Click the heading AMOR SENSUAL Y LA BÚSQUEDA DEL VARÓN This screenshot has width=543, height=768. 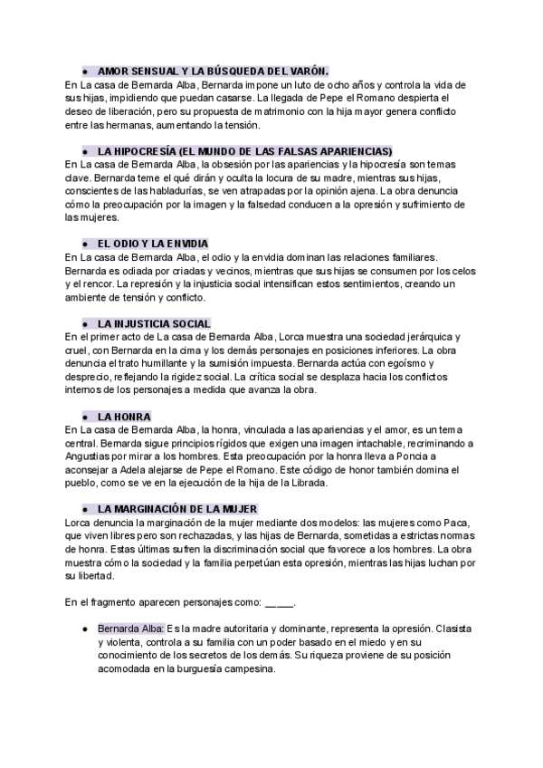pos(213,70)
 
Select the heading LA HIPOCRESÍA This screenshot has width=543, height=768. pos(244,150)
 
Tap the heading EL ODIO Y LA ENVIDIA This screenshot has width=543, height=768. pos(152,244)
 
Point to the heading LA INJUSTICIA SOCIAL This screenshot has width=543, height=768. pos(154,323)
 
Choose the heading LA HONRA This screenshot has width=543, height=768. pos(124,417)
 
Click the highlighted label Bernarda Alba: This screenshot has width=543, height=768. pos(131,627)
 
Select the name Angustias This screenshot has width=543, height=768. pos(92,456)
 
